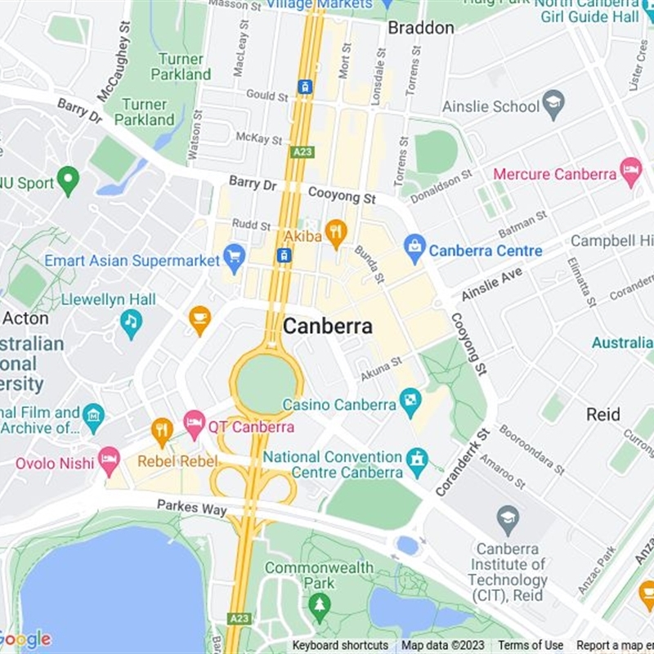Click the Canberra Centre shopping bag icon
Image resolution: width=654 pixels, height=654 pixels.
point(414,249)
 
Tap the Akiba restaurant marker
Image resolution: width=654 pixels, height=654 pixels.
point(336,233)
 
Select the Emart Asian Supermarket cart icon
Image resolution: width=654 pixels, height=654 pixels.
point(234,258)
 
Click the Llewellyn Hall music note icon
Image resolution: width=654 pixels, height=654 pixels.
point(131,323)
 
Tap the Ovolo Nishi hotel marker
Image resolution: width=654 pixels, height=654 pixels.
point(109,461)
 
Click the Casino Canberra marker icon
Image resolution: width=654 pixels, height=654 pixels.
point(410,402)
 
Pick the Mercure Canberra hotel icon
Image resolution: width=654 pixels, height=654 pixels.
point(630,172)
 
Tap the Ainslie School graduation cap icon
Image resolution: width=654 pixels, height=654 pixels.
point(553,105)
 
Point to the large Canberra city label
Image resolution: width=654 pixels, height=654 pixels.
point(327,327)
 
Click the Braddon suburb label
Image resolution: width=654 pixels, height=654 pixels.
point(420,28)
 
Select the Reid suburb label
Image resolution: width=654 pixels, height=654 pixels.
point(602,414)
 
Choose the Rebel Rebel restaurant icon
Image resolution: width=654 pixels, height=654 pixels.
point(162,431)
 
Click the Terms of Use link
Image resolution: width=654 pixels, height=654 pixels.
point(531,646)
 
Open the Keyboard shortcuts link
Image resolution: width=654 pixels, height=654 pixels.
point(340,646)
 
